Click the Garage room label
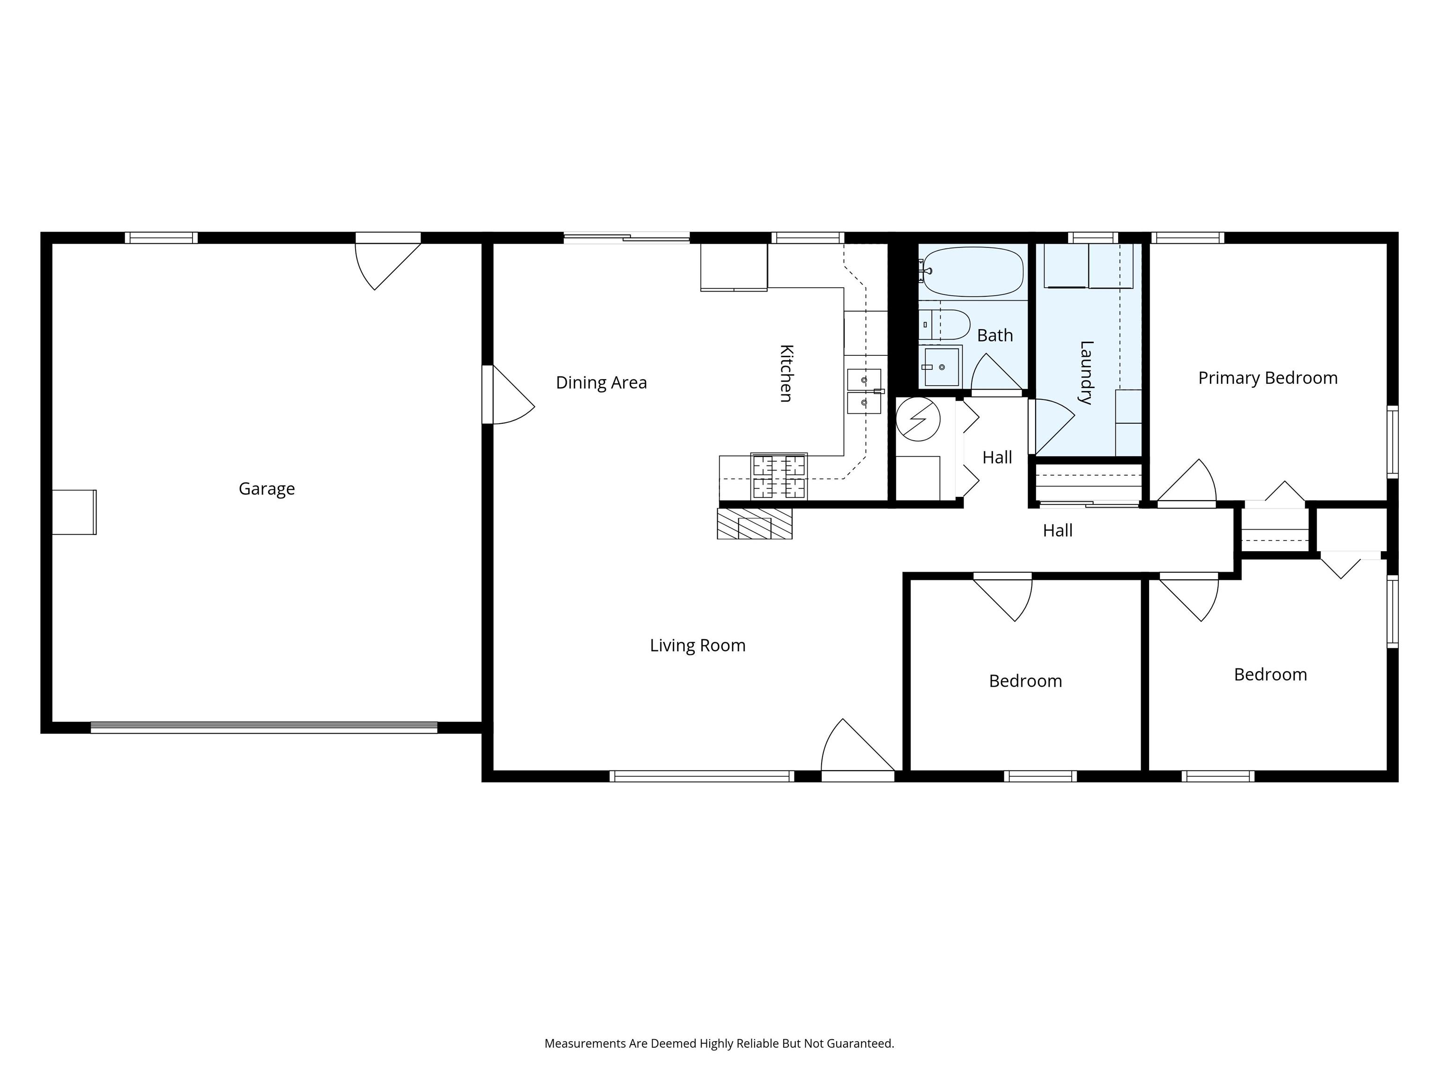tap(267, 489)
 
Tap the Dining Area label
tap(601, 383)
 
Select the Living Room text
tap(697, 646)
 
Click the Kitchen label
tap(786, 374)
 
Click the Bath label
tap(994, 335)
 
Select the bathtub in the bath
tap(972, 271)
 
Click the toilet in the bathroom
tap(945, 324)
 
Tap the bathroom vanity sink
tap(941, 367)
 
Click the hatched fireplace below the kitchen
tap(755, 524)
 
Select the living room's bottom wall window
tap(702, 776)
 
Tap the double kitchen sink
tap(864, 391)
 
